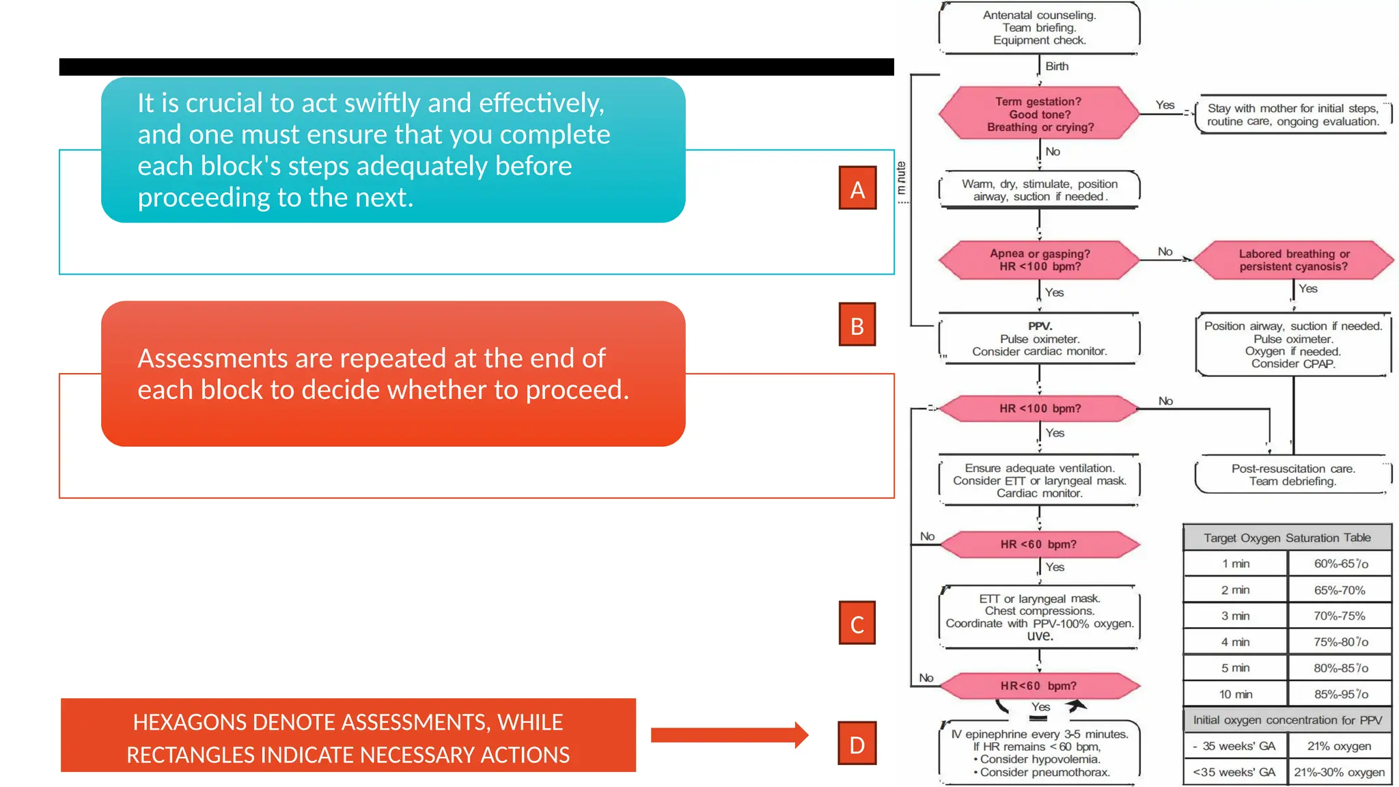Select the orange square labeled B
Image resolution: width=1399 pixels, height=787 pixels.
[857, 325]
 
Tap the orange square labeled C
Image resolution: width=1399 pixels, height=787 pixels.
[857, 623]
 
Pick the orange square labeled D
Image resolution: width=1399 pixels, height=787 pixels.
[857, 743]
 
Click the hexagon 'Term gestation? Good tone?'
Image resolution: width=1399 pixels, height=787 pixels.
[1039, 113]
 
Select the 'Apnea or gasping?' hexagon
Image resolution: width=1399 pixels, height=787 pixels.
[1039, 260]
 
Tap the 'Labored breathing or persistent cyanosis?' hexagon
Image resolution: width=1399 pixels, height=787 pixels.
[1293, 260]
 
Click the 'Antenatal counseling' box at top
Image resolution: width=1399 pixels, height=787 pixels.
[1039, 27]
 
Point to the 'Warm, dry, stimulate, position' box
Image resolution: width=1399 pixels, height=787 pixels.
[1039, 190]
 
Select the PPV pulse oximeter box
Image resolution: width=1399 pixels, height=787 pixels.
[1039, 339]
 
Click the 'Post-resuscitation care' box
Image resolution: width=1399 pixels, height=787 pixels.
[1292, 475]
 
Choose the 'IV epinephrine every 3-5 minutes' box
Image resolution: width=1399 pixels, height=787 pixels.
[1039, 753]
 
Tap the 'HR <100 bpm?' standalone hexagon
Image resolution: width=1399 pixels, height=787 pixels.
[1039, 409]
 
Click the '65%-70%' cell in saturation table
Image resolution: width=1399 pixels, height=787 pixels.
[1339, 590]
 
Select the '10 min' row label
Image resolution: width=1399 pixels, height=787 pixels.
[1235, 694]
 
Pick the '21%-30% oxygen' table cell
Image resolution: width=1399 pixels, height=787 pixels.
[1339, 772]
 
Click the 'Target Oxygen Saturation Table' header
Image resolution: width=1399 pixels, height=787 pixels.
[1287, 538]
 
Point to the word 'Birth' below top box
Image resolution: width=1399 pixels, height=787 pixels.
[1057, 66]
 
